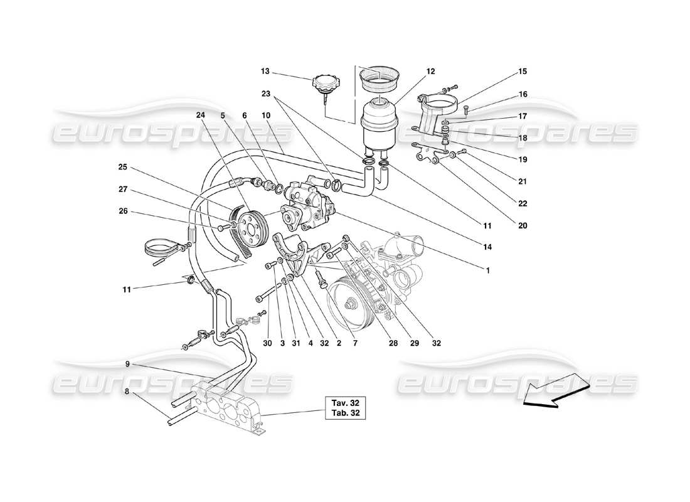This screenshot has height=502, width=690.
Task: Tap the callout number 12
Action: pyautogui.click(x=430, y=72)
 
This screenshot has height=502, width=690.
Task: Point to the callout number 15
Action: pyautogui.click(x=522, y=72)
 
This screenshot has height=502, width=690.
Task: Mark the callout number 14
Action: pyautogui.click(x=487, y=247)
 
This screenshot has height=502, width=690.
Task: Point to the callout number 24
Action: pyautogui.click(x=201, y=115)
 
